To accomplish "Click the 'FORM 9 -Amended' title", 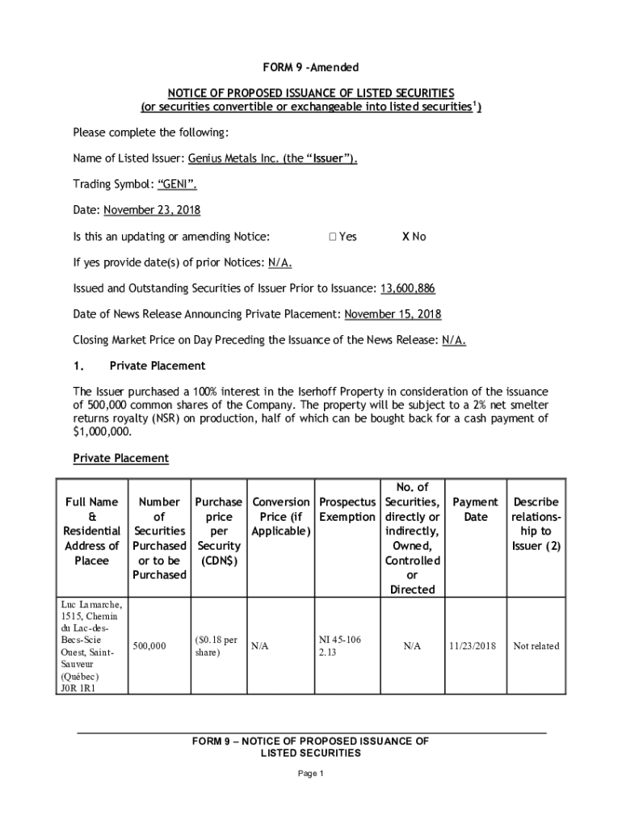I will (311, 67).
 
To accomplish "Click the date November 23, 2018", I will (152, 210).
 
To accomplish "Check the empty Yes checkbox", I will (333, 237).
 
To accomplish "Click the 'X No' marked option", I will (414, 237).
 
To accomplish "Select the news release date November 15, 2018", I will (393, 314).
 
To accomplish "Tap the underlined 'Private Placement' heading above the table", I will (121, 458).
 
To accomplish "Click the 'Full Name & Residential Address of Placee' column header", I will (92, 531).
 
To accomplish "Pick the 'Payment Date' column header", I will (475, 509).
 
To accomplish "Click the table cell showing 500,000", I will (149, 646).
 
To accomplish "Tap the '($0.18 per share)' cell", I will (216, 646).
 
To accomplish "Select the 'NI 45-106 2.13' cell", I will (340, 646).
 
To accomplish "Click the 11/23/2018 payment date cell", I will (474, 646).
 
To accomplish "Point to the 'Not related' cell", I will (536, 646).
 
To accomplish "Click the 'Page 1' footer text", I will (311, 774).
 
